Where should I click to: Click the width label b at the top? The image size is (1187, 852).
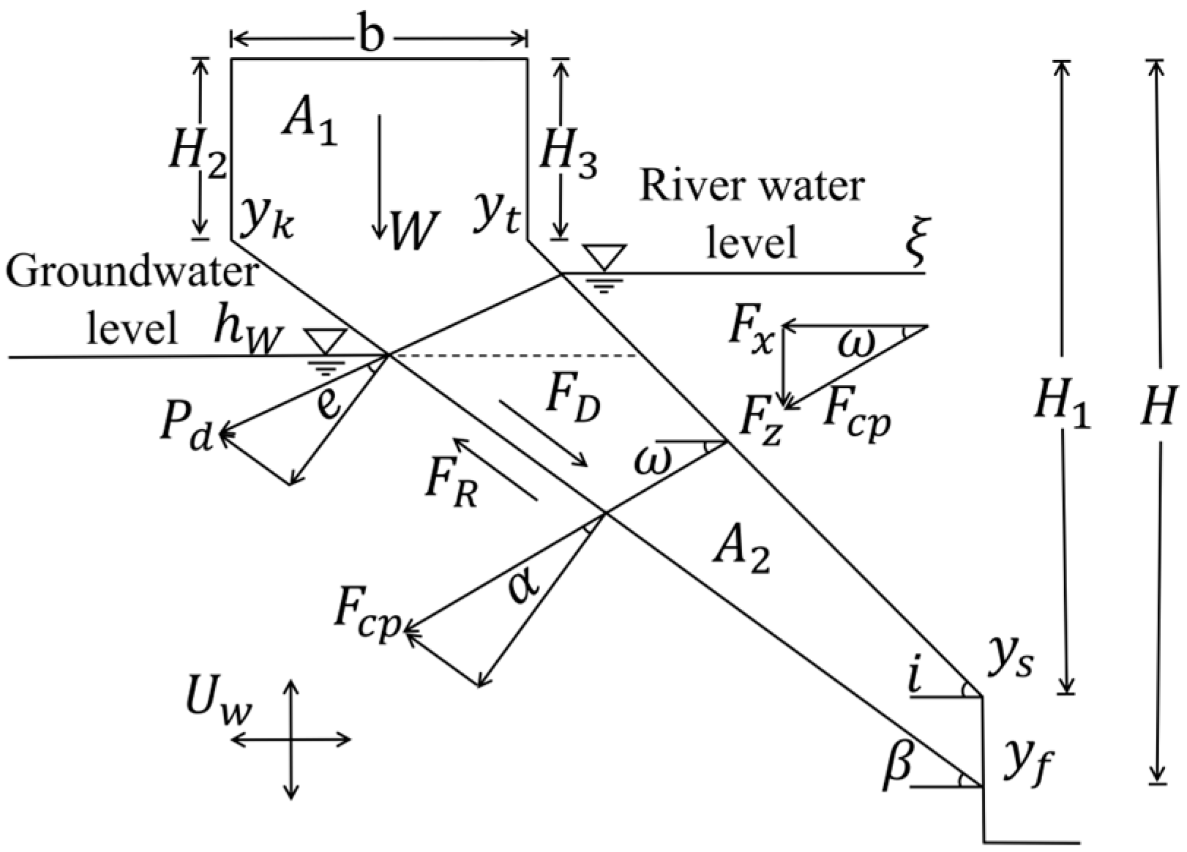[x=372, y=37]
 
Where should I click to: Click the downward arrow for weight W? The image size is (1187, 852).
[x=378, y=176]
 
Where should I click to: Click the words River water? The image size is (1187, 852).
[x=752, y=187]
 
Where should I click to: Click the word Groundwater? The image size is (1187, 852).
[x=132, y=273]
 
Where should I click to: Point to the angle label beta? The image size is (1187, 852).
[x=897, y=765]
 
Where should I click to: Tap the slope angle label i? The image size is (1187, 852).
[x=913, y=677]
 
